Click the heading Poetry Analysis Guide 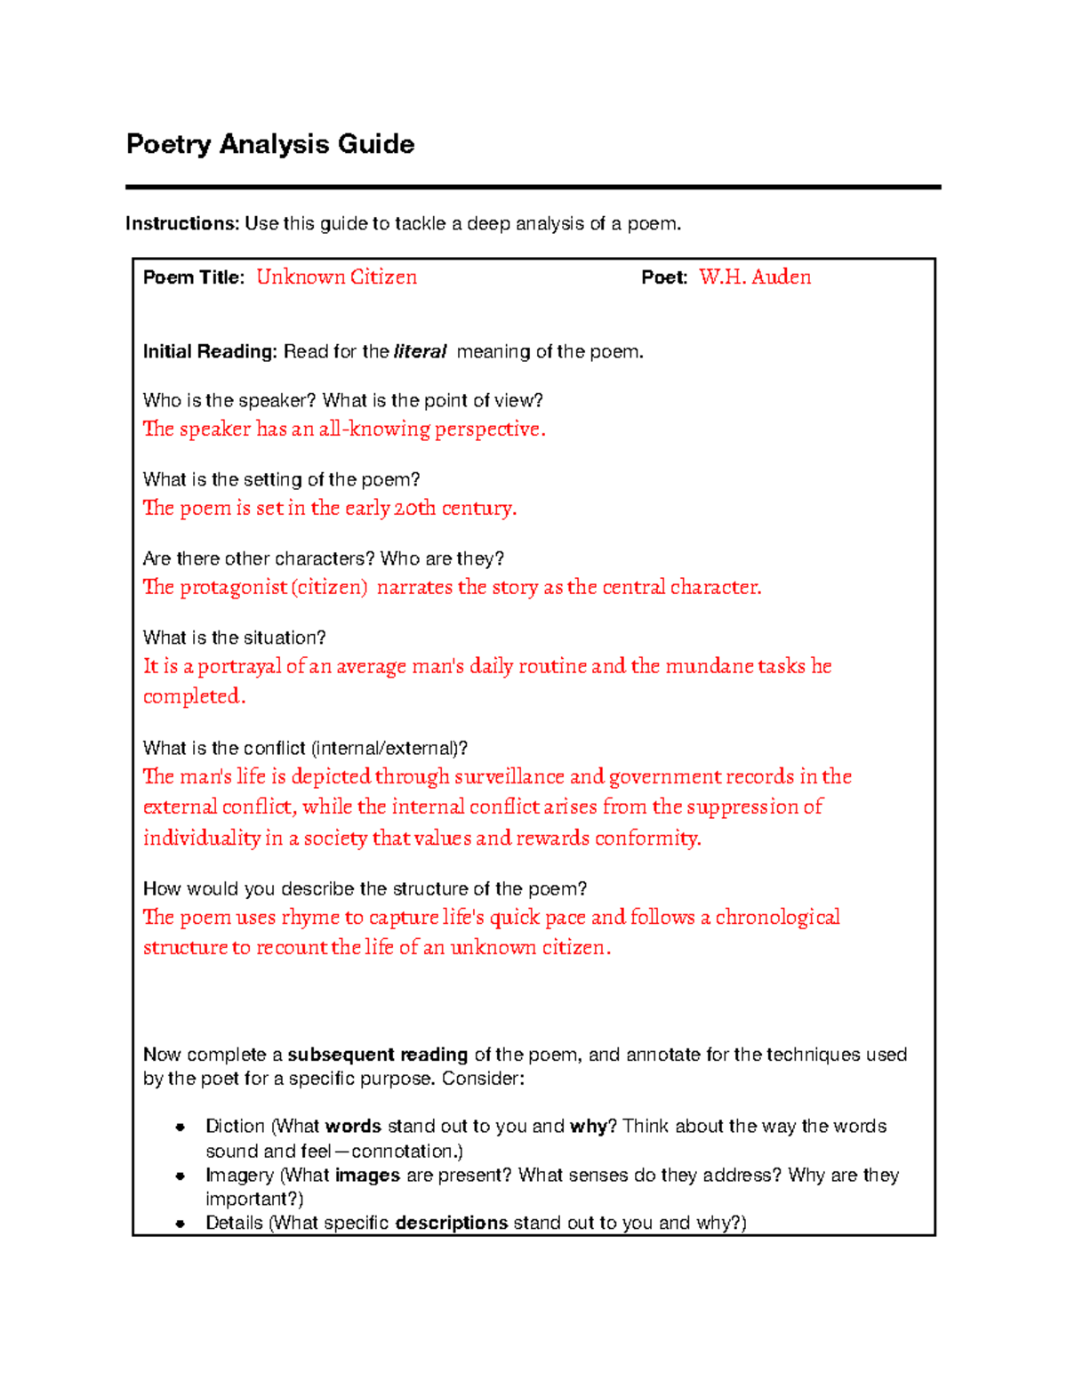coord(270,144)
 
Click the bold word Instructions coord(181,223)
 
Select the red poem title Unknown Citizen coord(336,277)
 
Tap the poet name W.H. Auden coord(755,277)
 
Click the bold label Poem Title coord(192,277)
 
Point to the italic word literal coord(420,352)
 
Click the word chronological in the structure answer coord(777,918)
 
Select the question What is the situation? coord(235,638)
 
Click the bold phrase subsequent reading coord(377,1055)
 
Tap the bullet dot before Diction coord(180,1127)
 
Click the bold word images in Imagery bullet coord(367,1176)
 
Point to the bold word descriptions coord(451,1223)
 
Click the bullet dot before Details coord(180,1224)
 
